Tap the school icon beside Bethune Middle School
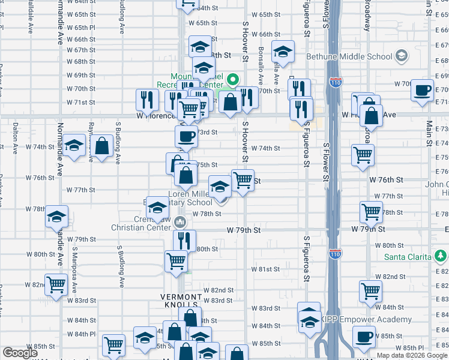tap(401, 56)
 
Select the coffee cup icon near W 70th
tap(423, 90)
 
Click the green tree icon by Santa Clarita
tap(441, 257)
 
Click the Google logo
tap(20, 353)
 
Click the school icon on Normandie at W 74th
tap(74, 146)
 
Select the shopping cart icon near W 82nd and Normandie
tap(56, 285)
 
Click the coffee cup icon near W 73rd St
tap(186, 136)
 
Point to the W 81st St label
tap(265, 269)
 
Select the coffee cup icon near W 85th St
tap(363, 337)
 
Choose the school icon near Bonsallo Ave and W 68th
tap(283, 52)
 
